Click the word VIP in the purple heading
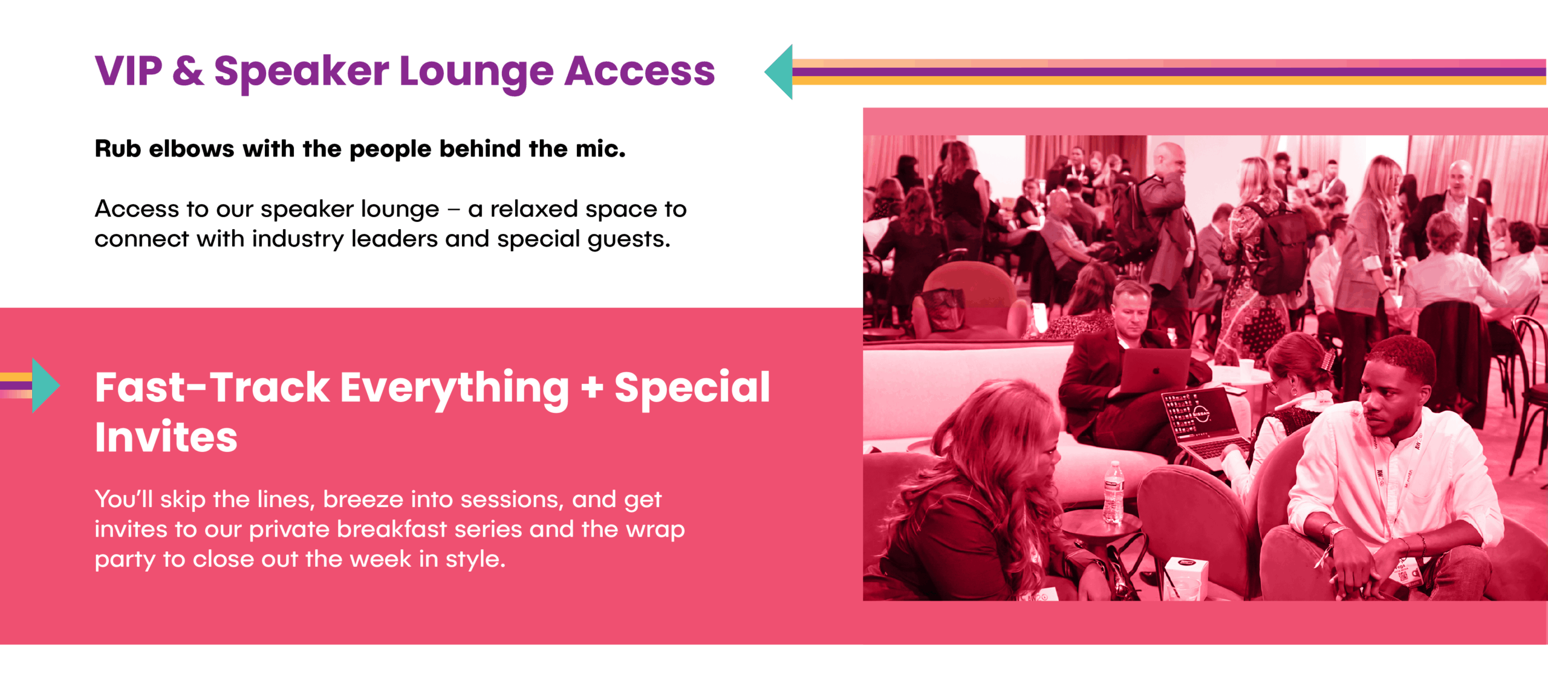click(128, 71)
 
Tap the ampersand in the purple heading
click(188, 71)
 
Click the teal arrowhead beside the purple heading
click(779, 72)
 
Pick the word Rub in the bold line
click(118, 149)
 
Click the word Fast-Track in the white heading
click(212, 387)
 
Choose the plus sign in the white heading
click(592, 388)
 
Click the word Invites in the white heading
click(166, 437)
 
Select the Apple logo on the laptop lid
click(1156, 370)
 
